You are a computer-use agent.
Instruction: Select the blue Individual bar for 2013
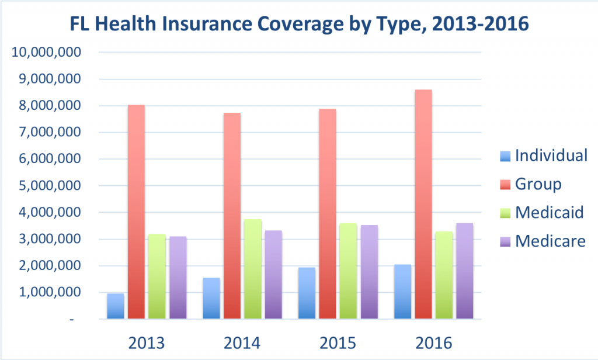click(116, 306)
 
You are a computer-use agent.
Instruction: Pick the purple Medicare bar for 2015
click(370, 272)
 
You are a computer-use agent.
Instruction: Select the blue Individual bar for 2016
click(402, 292)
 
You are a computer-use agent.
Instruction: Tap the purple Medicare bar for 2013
click(178, 278)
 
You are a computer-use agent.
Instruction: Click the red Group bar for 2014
click(232, 216)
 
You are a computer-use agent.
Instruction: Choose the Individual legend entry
click(543, 156)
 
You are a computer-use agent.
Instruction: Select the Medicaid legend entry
click(541, 213)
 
